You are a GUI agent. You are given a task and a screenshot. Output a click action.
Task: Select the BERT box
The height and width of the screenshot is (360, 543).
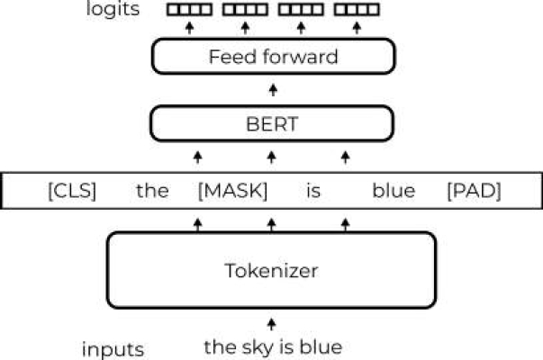tap(272, 123)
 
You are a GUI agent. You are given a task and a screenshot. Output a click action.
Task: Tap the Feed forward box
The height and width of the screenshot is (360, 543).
tap(272, 58)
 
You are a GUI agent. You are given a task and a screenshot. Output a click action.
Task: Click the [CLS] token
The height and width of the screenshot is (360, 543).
tap(71, 191)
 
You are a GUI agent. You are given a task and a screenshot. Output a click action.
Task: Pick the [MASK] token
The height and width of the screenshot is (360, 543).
tap(232, 191)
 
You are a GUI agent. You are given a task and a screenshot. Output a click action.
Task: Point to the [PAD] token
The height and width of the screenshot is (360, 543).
tap(473, 191)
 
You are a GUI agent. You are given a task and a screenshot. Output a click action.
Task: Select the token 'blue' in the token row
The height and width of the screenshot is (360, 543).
tap(394, 191)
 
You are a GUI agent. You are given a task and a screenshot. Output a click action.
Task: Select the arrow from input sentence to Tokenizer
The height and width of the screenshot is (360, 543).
tap(272, 324)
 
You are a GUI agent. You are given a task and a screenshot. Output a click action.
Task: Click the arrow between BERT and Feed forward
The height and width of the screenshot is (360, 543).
tap(272, 90)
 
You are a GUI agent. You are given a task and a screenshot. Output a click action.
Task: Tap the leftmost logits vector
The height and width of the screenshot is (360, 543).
tap(188, 12)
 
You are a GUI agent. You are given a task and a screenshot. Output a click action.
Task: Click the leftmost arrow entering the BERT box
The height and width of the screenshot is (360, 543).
tap(198, 157)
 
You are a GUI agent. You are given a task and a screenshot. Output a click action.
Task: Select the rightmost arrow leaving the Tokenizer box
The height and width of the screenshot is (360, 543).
tap(345, 222)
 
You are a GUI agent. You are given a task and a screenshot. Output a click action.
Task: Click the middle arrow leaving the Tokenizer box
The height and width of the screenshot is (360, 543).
tap(271, 222)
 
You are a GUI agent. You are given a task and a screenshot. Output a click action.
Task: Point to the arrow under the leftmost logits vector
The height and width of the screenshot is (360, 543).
tap(188, 29)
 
